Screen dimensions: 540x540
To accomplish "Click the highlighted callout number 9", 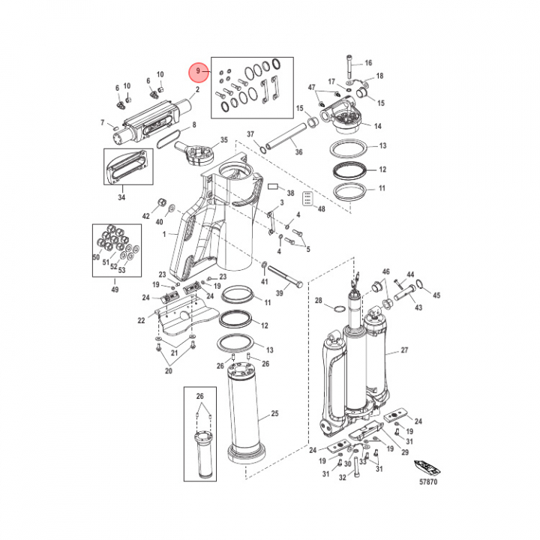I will pyautogui.click(x=198, y=72).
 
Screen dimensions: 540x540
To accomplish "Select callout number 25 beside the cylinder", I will pyautogui.click(x=274, y=414).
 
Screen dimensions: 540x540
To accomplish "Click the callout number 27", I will pyautogui.click(x=406, y=351).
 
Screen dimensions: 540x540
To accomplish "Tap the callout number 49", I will pyautogui.click(x=115, y=289).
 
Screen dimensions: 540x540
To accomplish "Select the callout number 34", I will pyautogui.click(x=122, y=198).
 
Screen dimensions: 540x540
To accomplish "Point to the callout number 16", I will pyautogui.click(x=368, y=62).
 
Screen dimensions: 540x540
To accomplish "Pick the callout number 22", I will pyautogui.click(x=141, y=320).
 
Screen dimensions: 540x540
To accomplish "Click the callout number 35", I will pyautogui.click(x=223, y=140).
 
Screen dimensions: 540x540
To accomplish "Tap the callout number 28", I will pyautogui.click(x=318, y=301).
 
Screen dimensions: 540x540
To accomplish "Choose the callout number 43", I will pyautogui.click(x=418, y=308).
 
